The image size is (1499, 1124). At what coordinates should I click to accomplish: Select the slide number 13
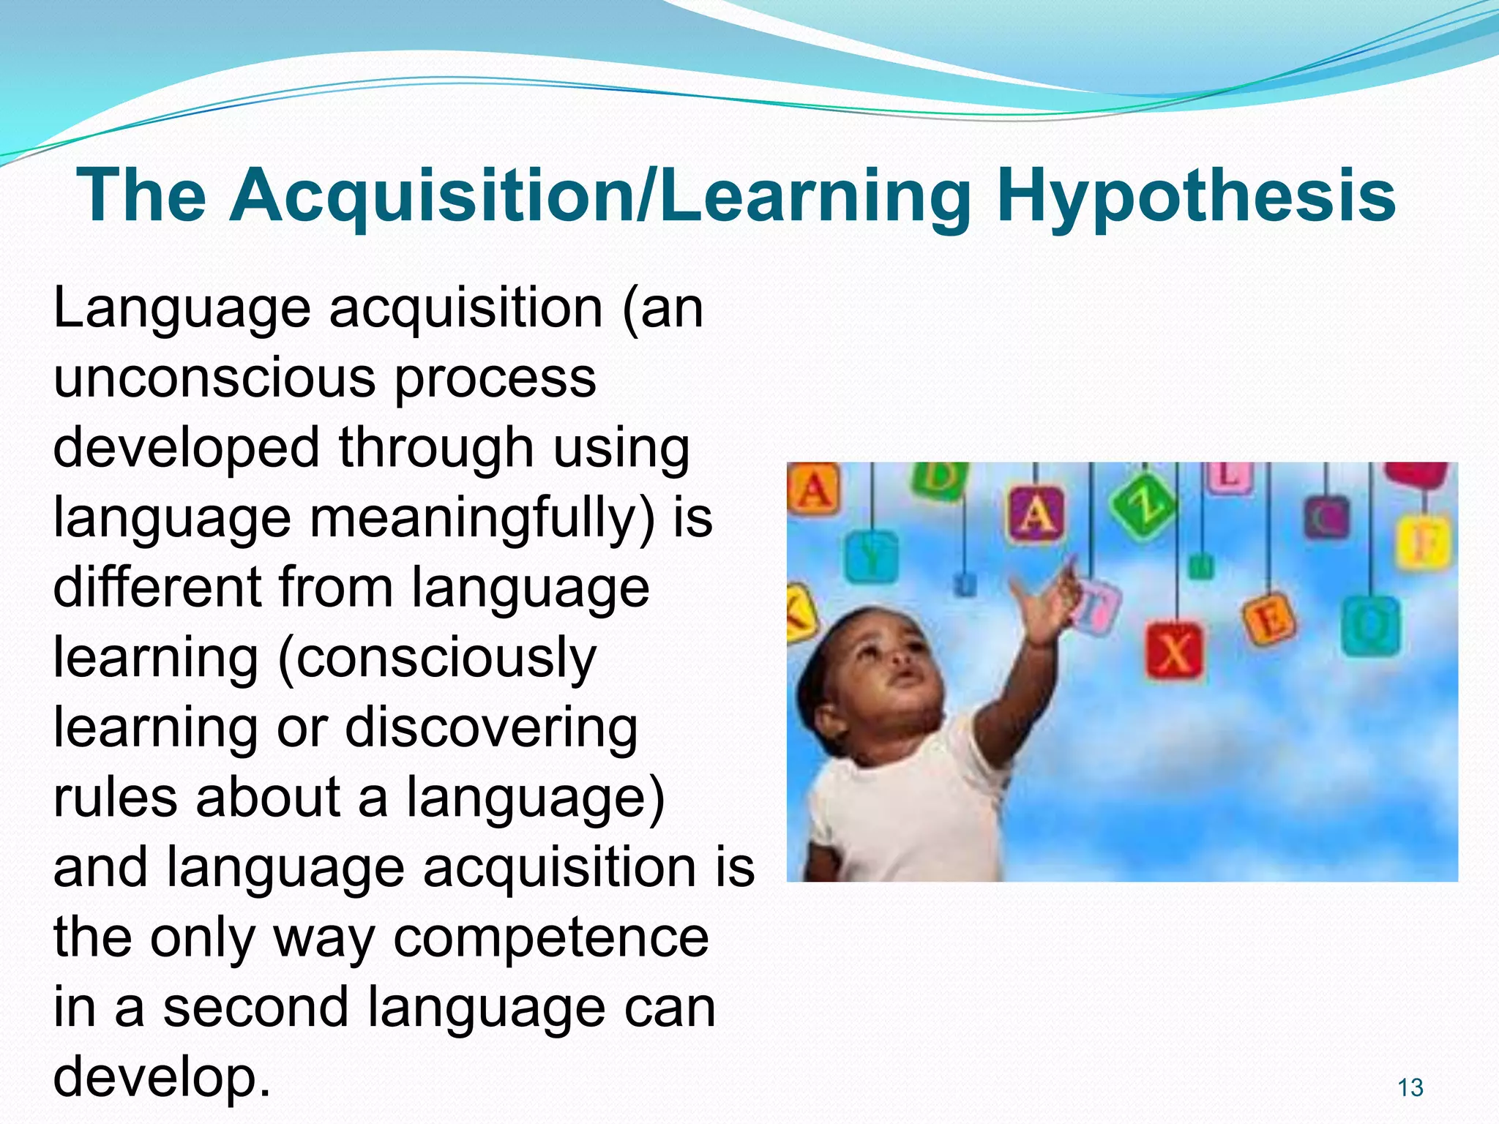coord(1410,1087)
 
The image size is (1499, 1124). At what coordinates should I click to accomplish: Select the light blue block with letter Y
coord(871,558)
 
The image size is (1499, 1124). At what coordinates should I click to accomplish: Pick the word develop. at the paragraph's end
coord(162,1078)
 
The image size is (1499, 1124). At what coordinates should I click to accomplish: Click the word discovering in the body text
coord(491,728)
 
